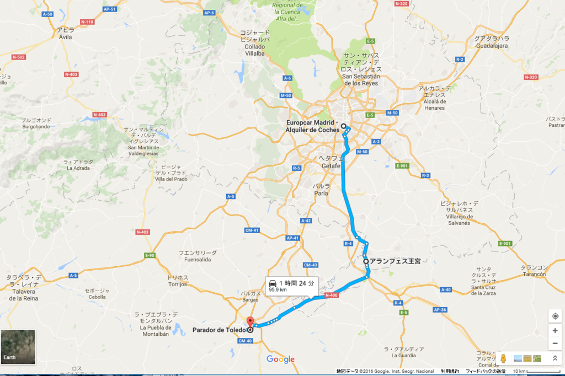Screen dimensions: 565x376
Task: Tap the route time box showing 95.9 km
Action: pyautogui.click(x=292, y=286)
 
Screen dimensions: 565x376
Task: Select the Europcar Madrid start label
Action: pyautogui.click(x=312, y=126)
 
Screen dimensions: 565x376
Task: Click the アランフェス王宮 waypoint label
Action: pyautogui.click(x=395, y=261)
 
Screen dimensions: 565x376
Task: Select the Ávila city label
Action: pyautogui.click(x=66, y=34)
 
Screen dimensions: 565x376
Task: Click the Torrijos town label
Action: pyautogui.click(x=178, y=281)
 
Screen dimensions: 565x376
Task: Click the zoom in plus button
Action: pyautogui.click(x=555, y=331)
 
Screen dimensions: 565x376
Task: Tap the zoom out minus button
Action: pyautogui.click(x=555, y=343)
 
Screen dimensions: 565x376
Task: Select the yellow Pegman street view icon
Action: pyautogui.click(x=503, y=359)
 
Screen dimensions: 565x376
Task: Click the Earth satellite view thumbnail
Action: pyautogui.click(x=18, y=347)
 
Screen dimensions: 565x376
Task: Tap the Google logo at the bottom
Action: pyautogui.click(x=280, y=359)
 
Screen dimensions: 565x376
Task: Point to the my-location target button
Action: pyautogui.click(x=555, y=316)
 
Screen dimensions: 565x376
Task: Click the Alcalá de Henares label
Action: pyautogui.click(x=435, y=98)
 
